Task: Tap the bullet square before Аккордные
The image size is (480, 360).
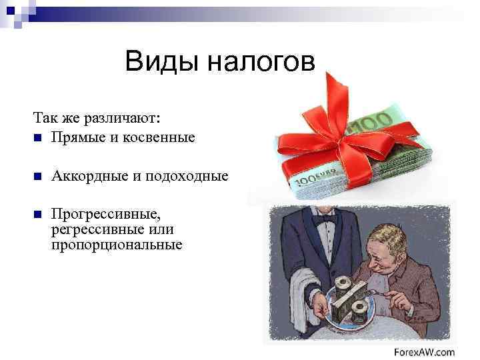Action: click(x=37, y=177)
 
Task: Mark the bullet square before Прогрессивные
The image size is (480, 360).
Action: click(x=37, y=215)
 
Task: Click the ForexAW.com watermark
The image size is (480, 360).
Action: click(x=424, y=351)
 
